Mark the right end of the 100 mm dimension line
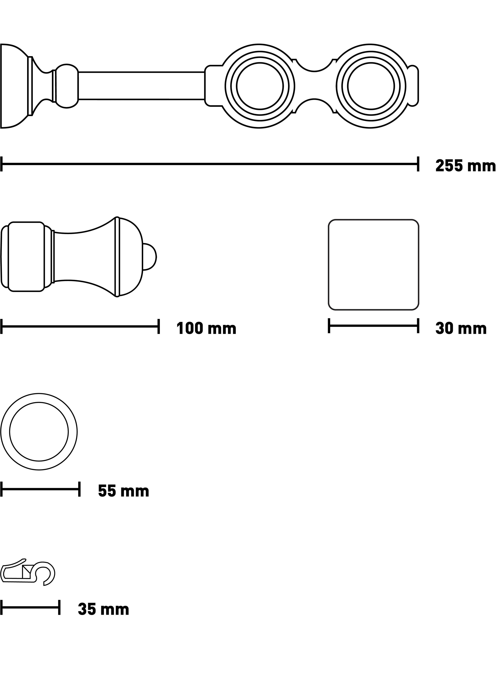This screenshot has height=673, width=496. pyautogui.click(x=159, y=326)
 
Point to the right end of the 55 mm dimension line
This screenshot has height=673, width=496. pyautogui.click(x=79, y=489)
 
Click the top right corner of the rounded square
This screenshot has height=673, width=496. pyautogui.click(x=419, y=220)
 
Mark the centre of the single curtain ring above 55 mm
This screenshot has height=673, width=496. pyautogui.click(x=39, y=432)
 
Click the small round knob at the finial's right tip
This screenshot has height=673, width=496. pyautogui.click(x=149, y=257)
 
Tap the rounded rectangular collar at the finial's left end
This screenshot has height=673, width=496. pyautogui.click(x=26, y=257)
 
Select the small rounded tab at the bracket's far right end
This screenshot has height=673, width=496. pyautogui.click(x=413, y=86)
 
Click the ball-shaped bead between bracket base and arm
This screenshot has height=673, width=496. pyautogui.click(x=67, y=86)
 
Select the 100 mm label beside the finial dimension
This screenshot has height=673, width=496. pyautogui.click(x=206, y=328)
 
